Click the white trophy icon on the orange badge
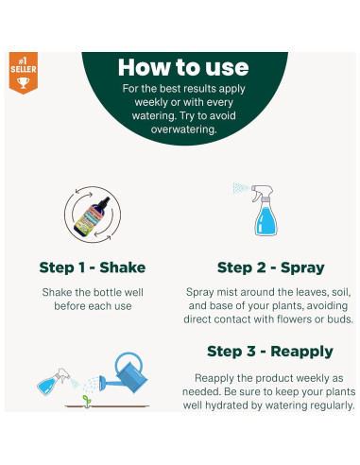pos(23,82)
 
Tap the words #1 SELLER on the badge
pos(24,65)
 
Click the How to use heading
pos(183,67)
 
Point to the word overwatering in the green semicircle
pos(184,129)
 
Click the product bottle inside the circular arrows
pos(92,215)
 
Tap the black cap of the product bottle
pos(104,202)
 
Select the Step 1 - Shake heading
pos(93,267)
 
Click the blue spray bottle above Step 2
pos(265,211)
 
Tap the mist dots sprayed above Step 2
pos(241,188)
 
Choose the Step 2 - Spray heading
pos(271,267)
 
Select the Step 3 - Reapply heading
pos(270,352)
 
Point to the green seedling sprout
pos(87,401)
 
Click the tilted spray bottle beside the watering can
pos(54,382)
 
